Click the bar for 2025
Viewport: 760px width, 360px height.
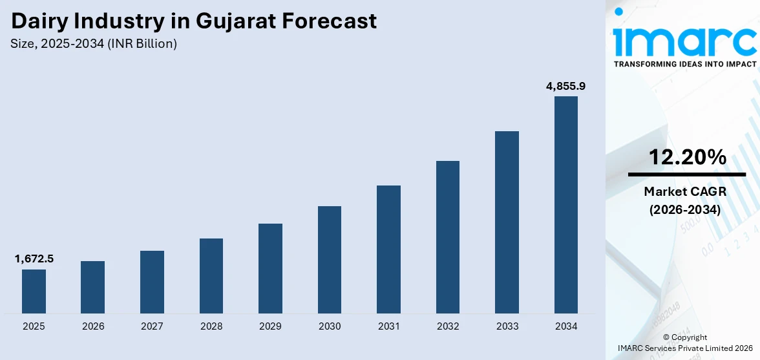[x=34, y=291]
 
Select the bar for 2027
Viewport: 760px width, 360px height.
[x=152, y=282]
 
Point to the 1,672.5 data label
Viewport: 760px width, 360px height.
[x=34, y=259]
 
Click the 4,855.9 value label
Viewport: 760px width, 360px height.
[x=566, y=86]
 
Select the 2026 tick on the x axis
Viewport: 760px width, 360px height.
[x=93, y=326]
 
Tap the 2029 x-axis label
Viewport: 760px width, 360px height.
[x=270, y=326]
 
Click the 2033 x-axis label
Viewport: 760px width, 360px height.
[x=507, y=326]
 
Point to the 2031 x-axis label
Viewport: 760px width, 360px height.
[x=389, y=326]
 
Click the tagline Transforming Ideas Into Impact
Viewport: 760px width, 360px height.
[x=684, y=65]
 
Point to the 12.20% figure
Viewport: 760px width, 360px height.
[x=687, y=157]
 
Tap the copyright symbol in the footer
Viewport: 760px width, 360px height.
[x=667, y=337]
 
